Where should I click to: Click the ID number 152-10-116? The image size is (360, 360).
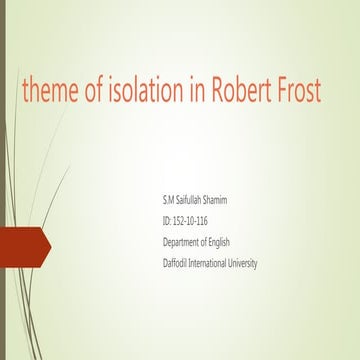point(193,220)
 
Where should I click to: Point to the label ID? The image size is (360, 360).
point(167,220)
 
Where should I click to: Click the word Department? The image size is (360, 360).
point(186,241)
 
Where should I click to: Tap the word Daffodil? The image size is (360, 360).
point(179,263)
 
